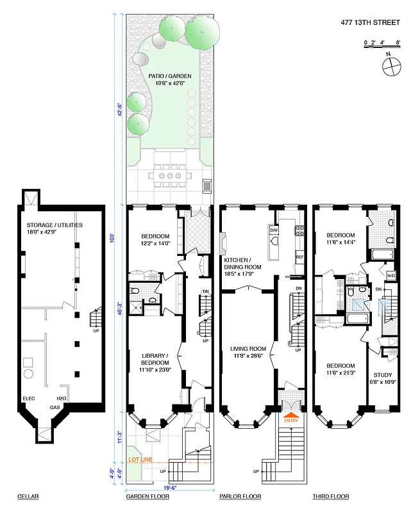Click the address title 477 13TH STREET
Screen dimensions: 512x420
point(370,23)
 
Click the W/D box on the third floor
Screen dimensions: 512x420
point(391,276)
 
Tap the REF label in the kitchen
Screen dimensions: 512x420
point(299,257)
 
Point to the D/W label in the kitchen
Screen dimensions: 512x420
point(274,230)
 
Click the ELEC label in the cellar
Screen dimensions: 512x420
point(29,398)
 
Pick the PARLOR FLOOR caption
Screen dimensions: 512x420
point(240,497)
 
